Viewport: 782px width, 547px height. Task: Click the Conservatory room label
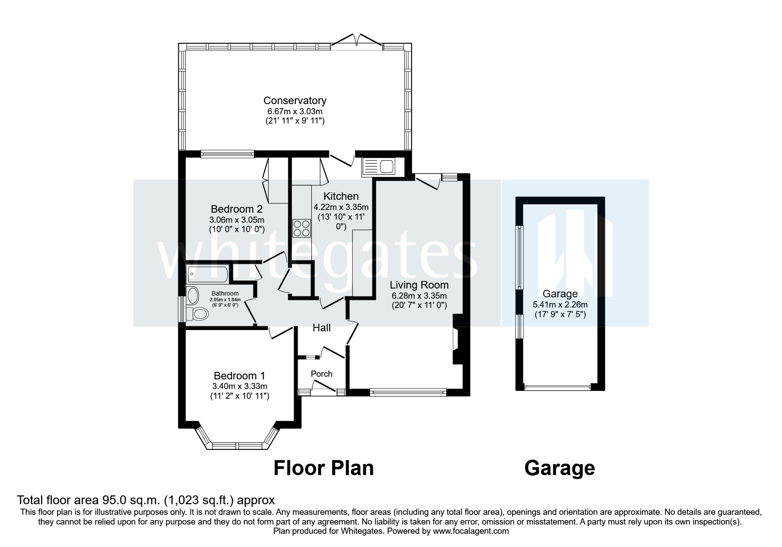pos(295,101)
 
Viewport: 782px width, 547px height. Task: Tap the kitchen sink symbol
pos(379,167)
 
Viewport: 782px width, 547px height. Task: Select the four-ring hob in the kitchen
pos(302,229)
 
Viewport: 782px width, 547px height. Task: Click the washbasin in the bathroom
pos(193,295)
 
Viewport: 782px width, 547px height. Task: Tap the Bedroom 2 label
pos(237,209)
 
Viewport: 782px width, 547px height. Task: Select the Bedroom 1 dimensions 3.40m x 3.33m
pos(239,386)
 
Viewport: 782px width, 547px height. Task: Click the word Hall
pos(321,328)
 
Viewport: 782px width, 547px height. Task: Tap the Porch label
pos(321,374)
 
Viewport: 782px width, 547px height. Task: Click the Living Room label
pos(419,285)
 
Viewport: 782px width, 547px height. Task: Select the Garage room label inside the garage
pos(560,294)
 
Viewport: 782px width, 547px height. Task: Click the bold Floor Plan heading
pos(323,468)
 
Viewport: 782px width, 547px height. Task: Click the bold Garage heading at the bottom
pos(559,468)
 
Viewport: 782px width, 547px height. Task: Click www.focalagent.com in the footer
pos(471,531)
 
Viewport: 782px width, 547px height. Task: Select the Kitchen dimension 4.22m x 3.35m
pos(341,207)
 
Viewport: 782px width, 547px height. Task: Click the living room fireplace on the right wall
pos(457,340)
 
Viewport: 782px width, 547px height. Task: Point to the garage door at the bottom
pos(557,388)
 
